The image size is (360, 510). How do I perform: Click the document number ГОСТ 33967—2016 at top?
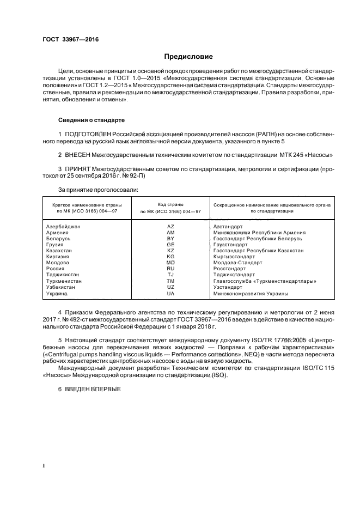coord(68,40)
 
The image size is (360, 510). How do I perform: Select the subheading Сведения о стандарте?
coord(91,119)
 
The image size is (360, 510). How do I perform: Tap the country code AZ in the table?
coord(170,226)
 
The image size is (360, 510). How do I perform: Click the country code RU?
coord(170,269)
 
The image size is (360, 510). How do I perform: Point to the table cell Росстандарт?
coord(229,269)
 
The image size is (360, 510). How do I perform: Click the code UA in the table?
coord(170,294)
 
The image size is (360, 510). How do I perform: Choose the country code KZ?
coord(170,250)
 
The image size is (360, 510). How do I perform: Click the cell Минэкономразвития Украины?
coord(251,294)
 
